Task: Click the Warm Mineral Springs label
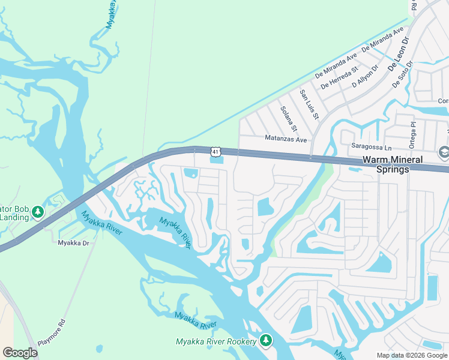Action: (385, 165)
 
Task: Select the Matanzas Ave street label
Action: (286, 139)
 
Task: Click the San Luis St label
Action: (310, 103)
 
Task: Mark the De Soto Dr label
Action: (403, 74)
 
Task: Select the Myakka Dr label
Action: (73, 242)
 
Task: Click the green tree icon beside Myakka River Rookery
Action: (267, 341)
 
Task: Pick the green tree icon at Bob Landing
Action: (38, 212)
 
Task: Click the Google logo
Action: (20, 353)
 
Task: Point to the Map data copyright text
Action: (411, 355)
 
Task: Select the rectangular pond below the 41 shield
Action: (216, 160)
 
